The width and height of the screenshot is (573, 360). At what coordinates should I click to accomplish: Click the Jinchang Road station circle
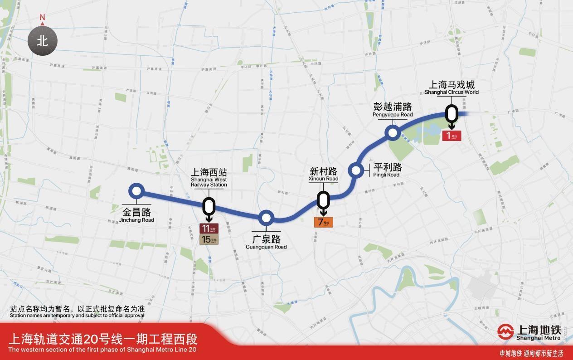point(136,191)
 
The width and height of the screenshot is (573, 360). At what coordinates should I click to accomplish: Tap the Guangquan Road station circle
point(266,218)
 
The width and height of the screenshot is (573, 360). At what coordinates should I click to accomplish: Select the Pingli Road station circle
point(356,171)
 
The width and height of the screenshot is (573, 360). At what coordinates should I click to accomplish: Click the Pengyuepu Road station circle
point(391,132)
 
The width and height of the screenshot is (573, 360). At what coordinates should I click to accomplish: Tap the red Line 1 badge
point(452,135)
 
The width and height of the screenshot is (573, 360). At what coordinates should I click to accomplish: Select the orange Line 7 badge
point(324,222)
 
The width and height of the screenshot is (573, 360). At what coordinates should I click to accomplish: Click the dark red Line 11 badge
point(209,229)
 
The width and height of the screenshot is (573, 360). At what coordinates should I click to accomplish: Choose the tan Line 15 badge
point(209,239)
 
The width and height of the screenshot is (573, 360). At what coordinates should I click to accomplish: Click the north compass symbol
point(42,41)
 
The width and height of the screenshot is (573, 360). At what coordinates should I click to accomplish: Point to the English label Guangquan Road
point(266,247)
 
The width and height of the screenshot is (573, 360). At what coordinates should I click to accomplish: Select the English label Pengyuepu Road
point(393,115)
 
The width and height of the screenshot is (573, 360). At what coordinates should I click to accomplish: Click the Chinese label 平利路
point(388,167)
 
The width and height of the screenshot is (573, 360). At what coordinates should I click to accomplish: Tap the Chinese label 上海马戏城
point(452,85)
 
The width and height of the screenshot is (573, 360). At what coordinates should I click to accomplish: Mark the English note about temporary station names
point(77,315)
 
